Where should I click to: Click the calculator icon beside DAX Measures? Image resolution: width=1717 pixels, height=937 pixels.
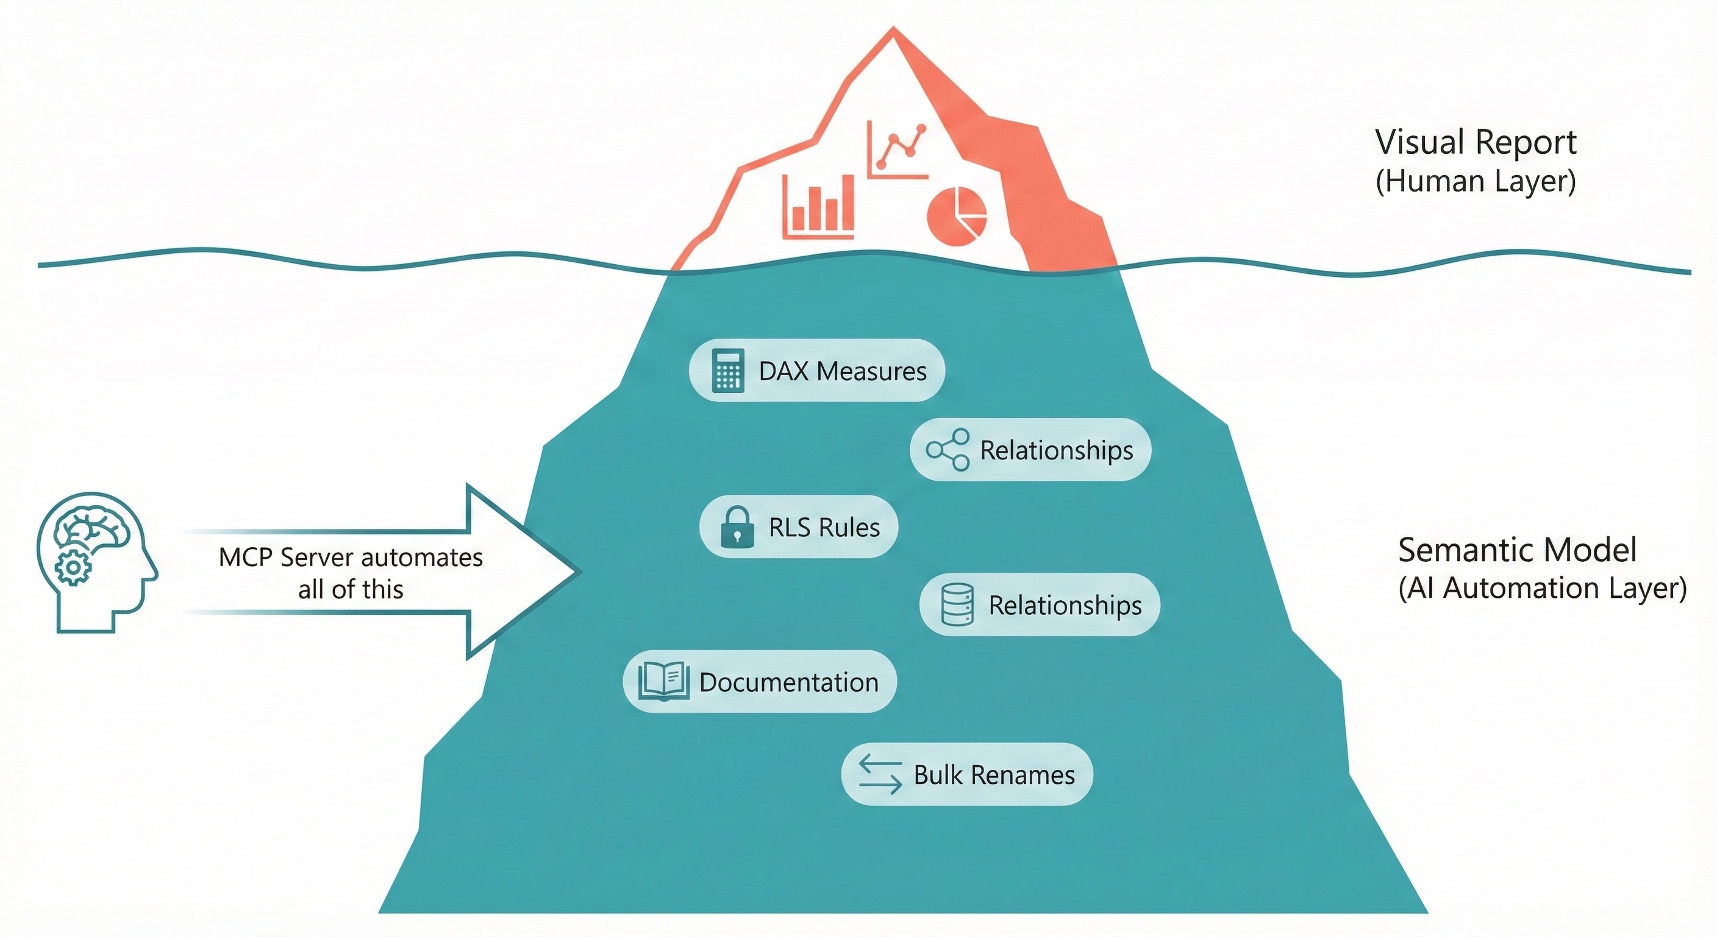click(x=728, y=370)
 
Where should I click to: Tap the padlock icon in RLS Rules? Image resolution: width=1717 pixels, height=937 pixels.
click(x=737, y=527)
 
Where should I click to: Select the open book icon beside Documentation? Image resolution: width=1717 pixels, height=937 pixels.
click(x=663, y=681)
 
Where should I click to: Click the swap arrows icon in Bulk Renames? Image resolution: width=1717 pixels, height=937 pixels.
click(x=880, y=774)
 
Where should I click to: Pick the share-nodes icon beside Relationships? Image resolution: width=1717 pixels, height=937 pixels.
click(x=948, y=450)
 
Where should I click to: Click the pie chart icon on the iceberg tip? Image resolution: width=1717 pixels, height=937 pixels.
click(x=957, y=217)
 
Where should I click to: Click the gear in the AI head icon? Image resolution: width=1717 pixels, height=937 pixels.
click(x=73, y=568)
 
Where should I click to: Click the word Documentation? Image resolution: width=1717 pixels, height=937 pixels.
click(x=788, y=682)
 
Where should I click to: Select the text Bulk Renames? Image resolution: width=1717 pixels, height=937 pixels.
click(x=994, y=775)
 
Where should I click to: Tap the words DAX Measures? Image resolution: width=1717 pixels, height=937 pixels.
click(x=843, y=371)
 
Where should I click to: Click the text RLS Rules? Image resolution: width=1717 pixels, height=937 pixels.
click(x=824, y=528)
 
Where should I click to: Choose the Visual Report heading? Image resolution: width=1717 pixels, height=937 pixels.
click(x=1476, y=143)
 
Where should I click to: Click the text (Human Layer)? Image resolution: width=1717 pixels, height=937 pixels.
click(x=1476, y=181)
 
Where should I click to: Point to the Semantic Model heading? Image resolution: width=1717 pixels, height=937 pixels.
click(x=1517, y=550)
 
